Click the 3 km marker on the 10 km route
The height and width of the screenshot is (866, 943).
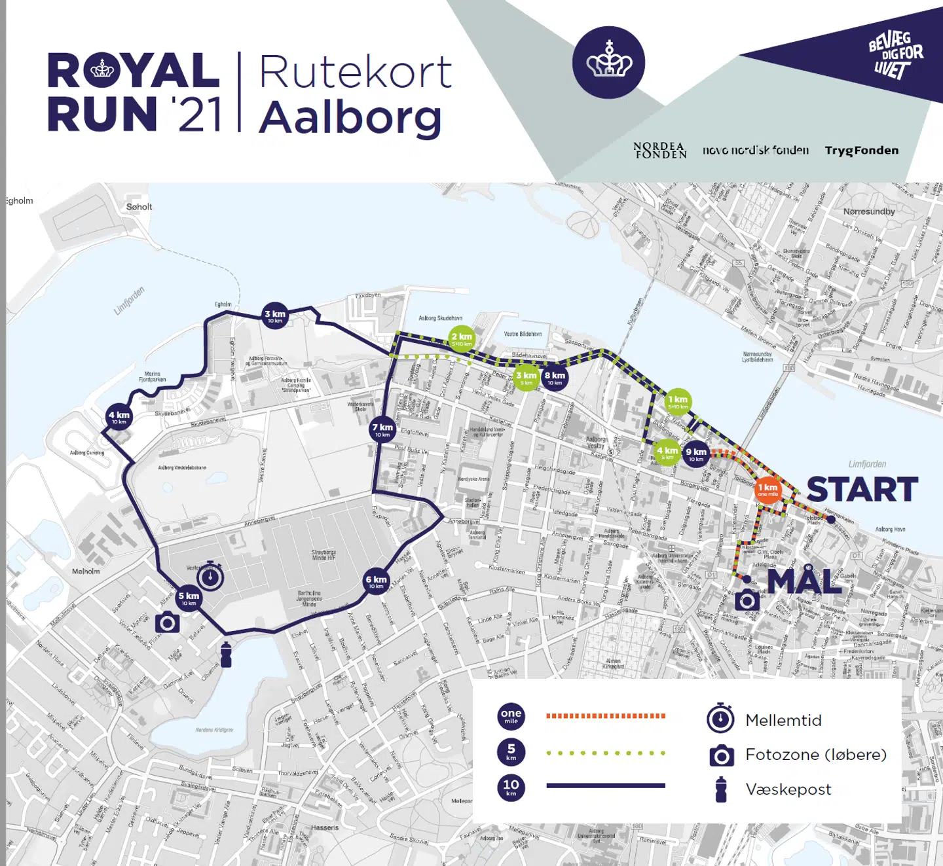point(275,316)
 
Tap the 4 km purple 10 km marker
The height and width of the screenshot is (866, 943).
point(119,417)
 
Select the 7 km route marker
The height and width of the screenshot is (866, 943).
point(382,429)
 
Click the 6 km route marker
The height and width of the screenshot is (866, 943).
point(376,581)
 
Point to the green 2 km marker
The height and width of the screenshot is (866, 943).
point(462,338)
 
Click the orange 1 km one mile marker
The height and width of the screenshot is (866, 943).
point(767,490)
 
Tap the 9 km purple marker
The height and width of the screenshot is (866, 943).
point(696,454)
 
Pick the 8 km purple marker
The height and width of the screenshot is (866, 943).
point(555,378)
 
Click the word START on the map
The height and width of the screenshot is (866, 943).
point(862,490)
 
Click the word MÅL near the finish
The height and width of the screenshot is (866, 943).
point(804,581)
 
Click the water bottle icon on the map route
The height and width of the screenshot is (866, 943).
point(226,655)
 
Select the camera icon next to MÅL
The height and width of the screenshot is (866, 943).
point(747,600)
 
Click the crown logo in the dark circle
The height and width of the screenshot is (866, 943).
point(608,63)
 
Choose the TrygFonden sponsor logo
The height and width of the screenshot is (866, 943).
point(861,151)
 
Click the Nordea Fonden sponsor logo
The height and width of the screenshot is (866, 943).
point(659,151)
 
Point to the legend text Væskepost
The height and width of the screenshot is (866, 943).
point(788,789)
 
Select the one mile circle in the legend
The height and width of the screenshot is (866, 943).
point(511,716)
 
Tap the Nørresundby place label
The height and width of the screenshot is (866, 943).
point(868,211)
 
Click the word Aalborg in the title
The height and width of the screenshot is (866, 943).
point(350,118)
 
